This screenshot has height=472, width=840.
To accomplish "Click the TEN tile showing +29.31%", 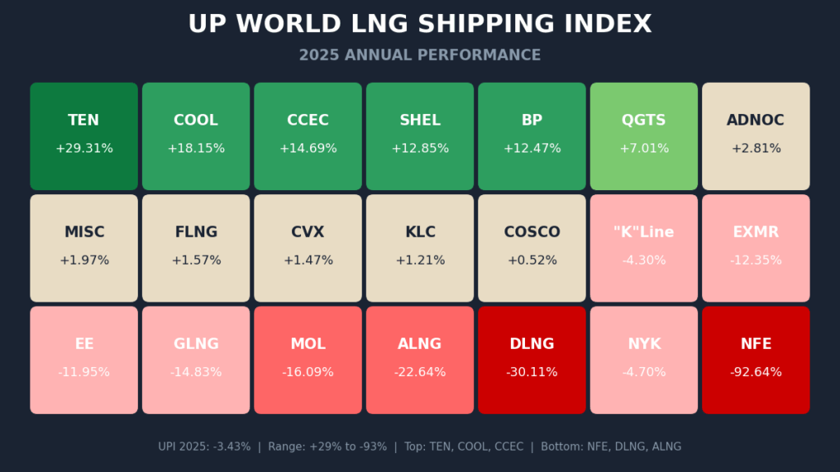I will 84,136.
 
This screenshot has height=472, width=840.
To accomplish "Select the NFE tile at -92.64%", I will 756,360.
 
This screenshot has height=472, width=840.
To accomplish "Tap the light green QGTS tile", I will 644,136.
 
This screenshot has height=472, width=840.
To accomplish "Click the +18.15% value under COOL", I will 195,148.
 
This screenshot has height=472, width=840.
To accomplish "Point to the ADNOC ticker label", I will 756,120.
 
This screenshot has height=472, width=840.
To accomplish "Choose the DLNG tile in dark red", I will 532,360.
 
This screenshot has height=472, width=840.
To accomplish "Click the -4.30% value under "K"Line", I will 644,261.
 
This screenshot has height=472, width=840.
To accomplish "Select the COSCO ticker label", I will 532,232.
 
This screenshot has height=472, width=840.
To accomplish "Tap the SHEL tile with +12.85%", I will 420,136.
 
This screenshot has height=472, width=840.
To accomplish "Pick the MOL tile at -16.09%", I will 308,360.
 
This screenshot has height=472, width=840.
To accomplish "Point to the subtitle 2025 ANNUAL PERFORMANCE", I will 420,55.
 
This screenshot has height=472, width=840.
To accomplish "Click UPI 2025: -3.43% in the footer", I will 204,447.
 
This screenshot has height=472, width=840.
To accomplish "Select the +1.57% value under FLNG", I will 195,261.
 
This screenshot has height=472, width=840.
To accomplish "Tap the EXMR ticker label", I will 756,232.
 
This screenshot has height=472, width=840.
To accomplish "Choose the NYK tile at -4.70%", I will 644,360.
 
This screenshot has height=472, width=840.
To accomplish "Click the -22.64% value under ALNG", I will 420,372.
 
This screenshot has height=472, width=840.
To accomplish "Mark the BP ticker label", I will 532,120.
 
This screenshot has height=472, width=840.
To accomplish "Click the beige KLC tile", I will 420,247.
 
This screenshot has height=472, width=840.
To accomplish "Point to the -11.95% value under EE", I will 84,372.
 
